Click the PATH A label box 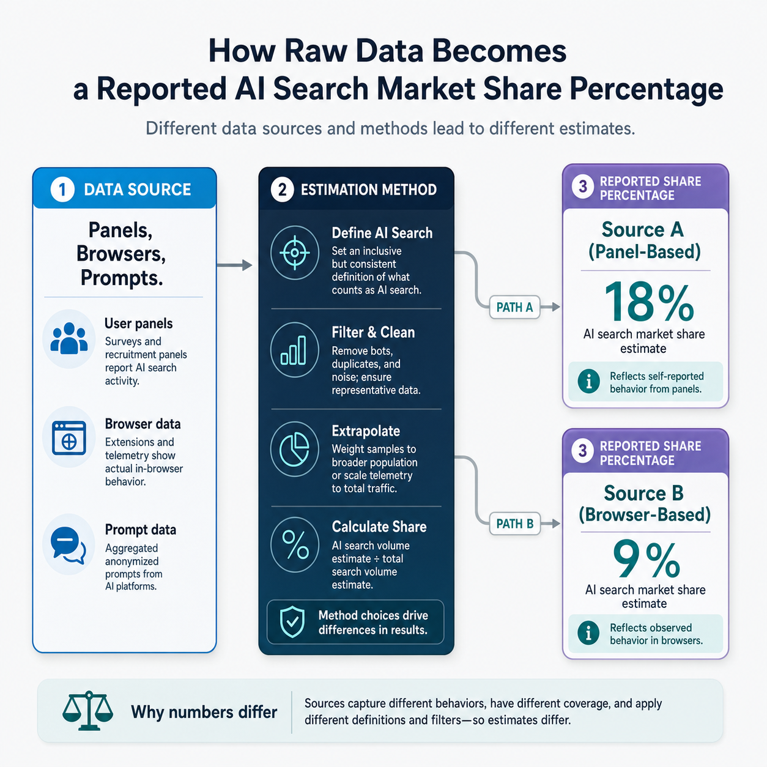tap(514, 307)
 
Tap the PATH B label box tap(514, 524)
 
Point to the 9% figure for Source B tap(646, 560)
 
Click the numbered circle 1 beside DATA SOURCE tap(62, 190)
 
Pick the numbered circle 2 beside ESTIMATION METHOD tap(282, 190)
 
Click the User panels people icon tap(69, 339)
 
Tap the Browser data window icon tap(69, 438)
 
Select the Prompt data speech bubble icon tap(68, 545)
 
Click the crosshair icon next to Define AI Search tap(295, 253)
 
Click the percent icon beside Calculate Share tap(295, 545)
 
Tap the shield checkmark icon tap(292, 622)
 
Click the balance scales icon tap(88, 711)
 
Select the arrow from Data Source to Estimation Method tap(234, 265)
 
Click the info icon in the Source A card tap(588, 382)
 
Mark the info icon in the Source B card tap(588, 633)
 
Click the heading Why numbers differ tap(204, 712)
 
